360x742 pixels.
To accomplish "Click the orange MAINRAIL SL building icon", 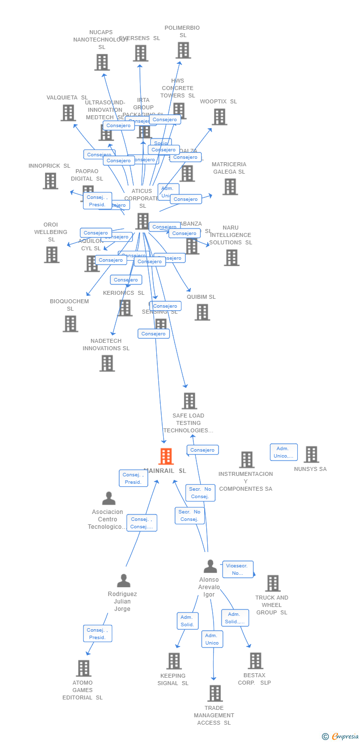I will (x=166, y=456).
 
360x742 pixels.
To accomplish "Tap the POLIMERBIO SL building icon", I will (x=183, y=50).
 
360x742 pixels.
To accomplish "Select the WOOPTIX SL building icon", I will (x=219, y=117).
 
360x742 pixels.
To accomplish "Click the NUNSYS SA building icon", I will (x=311, y=454).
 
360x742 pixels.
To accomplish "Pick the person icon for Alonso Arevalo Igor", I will (x=210, y=566).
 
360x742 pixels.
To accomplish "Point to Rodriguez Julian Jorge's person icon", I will (x=124, y=581).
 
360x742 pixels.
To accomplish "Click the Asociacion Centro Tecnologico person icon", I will (x=109, y=499).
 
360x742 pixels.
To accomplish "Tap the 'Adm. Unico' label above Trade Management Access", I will (x=212, y=639).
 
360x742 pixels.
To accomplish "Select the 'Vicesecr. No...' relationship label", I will (x=237, y=569).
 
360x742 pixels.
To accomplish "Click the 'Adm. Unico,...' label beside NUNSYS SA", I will (x=283, y=452).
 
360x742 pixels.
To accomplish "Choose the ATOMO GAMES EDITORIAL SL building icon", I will (x=84, y=668).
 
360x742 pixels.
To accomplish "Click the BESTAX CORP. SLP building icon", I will (x=255, y=660).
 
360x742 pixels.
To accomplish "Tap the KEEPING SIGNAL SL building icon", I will (x=174, y=661).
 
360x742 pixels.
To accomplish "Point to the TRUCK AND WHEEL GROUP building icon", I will (x=272, y=583).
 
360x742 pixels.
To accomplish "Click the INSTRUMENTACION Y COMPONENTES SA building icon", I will (x=246, y=460).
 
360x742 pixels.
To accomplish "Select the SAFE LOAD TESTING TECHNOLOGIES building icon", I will (x=189, y=401).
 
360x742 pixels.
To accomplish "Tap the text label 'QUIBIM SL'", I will (x=201, y=297).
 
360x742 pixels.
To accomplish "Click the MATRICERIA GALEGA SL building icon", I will (x=229, y=186).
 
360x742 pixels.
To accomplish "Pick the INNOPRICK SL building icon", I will (x=50, y=181).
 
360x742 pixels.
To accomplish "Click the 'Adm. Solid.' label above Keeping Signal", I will (x=187, y=621).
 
